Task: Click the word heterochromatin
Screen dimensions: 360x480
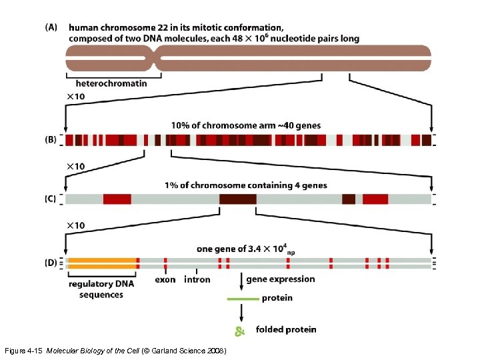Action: tap(111, 83)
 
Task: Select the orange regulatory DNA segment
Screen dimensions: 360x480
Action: tap(101, 263)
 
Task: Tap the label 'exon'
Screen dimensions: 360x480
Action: tap(165, 280)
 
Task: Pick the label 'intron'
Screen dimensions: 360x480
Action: tap(197, 280)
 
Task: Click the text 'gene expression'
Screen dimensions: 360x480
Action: tap(279, 279)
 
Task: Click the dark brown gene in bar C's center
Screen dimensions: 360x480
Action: tap(237, 199)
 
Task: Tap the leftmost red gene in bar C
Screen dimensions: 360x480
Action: tap(117, 199)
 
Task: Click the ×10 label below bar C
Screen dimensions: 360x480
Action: tap(75, 226)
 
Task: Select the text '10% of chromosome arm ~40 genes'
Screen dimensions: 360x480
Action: tap(245, 125)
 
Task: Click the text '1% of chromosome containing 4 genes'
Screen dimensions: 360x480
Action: tap(246, 185)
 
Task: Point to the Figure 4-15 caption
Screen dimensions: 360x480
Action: tap(117, 351)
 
